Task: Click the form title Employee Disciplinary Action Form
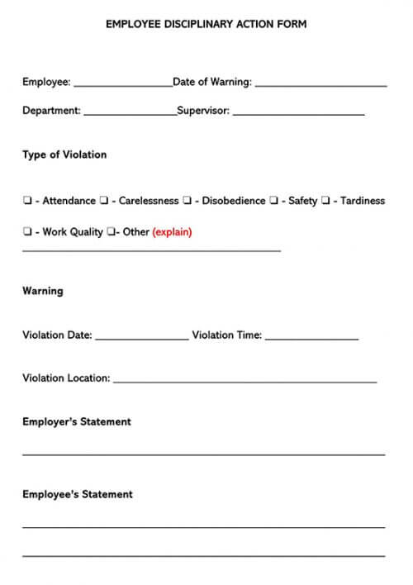coord(206,25)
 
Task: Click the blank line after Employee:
coord(122,83)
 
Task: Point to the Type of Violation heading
coord(64,155)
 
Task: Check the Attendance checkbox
coord(27,201)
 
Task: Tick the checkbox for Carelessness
coord(104,201)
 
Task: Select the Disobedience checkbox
coord(187,201)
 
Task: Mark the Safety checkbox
coord(273,201)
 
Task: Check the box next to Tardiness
coord(325,201)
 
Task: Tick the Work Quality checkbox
coord(27,232)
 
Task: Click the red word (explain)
coord(172,232)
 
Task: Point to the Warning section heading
coord(43,292)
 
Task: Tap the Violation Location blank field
coord(244,380)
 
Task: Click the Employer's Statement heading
coord(77,422)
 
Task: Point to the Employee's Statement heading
coord(78,495)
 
